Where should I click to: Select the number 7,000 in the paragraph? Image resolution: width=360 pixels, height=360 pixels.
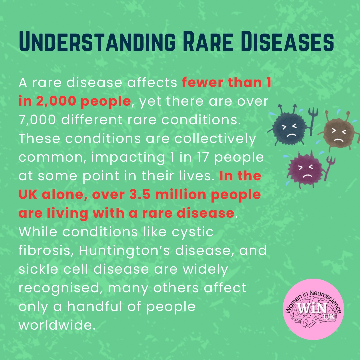pos(37,120)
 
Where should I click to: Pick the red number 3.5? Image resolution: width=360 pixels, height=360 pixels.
pos(140,194)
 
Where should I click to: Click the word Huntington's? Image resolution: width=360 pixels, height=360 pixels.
pos(124,251)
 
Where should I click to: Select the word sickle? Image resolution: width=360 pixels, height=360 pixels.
pos(38,269)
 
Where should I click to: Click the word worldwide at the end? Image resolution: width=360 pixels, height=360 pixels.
pos(57,325)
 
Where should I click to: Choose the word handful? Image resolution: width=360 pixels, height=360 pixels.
pos(94,306)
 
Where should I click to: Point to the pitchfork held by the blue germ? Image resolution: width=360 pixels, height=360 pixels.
pos(312,121)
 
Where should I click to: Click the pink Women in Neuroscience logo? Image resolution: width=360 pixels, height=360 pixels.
pos(313,309)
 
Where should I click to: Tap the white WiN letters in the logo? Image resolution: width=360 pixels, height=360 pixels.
pos(312,308)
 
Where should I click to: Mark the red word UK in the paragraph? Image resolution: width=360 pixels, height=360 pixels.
pos(28,194)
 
